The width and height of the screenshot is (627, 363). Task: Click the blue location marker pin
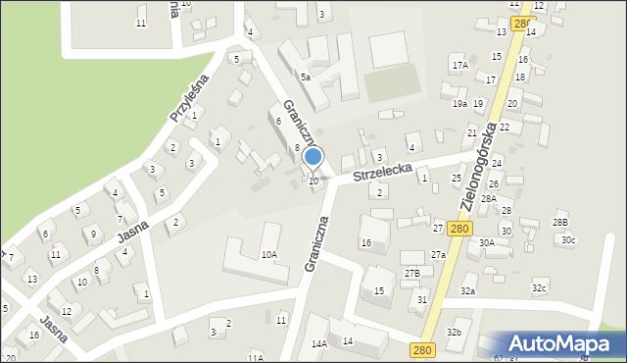pos(313,157)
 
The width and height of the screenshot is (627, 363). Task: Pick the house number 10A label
pos(268,254)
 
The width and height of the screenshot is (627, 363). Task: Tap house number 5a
pos(306,77)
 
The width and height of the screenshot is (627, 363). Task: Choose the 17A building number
pos(459,65)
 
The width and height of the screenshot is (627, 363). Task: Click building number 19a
pos(459,103)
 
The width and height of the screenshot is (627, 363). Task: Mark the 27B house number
pos(412,273)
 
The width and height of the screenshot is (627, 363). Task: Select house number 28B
pos(559,223)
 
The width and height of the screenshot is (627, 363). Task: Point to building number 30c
pos(568,240)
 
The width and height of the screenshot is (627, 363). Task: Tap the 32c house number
pos(539,288)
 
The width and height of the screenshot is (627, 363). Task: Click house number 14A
pos(319,343)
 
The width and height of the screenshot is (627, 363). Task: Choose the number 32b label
pos(454,333)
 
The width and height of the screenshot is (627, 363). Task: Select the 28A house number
pos(488,198)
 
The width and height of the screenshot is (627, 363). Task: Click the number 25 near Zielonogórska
pos(457,178)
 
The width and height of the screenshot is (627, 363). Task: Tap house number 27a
pos(438,255)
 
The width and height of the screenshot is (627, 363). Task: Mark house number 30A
pos(486,242)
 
